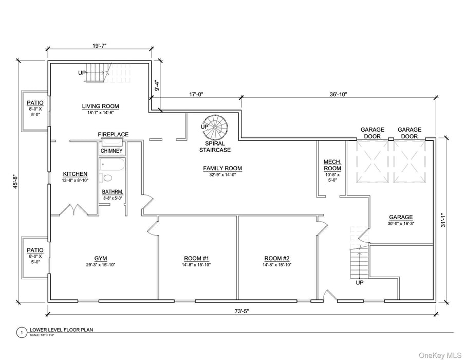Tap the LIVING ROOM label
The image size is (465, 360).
[100, 106]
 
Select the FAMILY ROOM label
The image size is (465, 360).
[222, 168]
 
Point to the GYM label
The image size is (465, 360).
[100, 258]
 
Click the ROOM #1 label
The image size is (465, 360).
[196, 258]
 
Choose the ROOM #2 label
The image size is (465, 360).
[276, 258]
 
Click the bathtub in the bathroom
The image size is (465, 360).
[111, 165]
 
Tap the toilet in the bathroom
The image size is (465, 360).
[106, 178]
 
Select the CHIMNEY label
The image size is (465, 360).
[111, 151]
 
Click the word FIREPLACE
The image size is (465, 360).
[113, 135]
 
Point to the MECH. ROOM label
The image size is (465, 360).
[332, 165]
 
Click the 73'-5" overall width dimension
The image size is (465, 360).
[241, 311]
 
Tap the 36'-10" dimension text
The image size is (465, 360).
[338, 94]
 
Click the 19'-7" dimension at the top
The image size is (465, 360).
[99, 46]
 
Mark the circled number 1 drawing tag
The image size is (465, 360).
[21, 333]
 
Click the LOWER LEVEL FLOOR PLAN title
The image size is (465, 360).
[62, 331]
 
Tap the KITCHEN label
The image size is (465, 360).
[75, 174]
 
